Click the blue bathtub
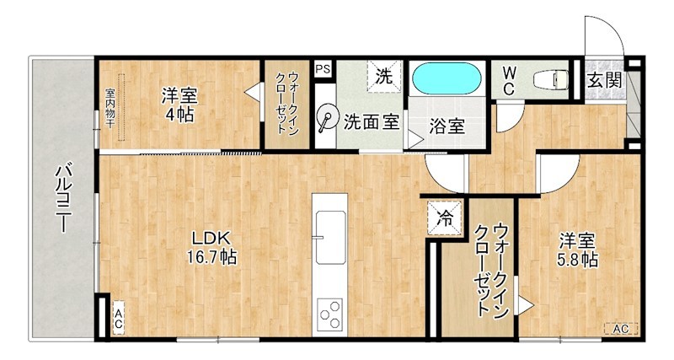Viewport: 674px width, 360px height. tap(447, 81)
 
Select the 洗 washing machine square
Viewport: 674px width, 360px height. tap(383, 75)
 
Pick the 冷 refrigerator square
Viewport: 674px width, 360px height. tap(443, 217)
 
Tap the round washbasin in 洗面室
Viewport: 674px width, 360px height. tap(325, 118)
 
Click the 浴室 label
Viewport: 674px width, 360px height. tap(447, 126)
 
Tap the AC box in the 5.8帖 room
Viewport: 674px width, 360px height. tap(620, 328)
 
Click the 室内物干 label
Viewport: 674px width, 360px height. tap(110, 108)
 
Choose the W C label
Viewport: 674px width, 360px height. tap(511, 80)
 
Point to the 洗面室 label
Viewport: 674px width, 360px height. tap(371, 121)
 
